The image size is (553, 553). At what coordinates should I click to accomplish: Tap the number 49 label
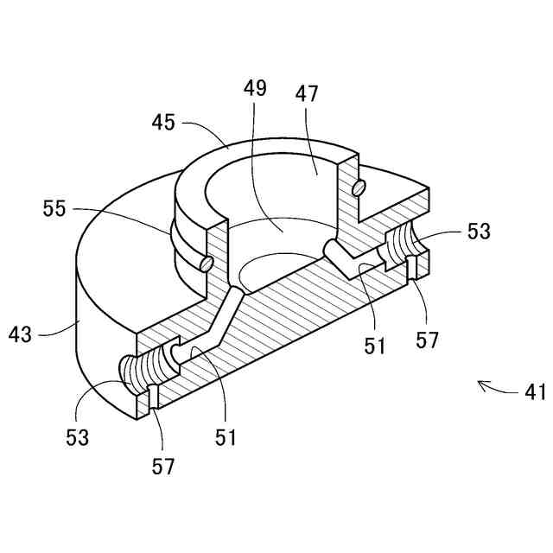click(x=255, y=89)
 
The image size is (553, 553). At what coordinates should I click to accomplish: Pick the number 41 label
click(x=536, y=391)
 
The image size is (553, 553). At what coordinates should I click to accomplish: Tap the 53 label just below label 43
click(x=77, y=437)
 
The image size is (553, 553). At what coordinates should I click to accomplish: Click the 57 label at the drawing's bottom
click(x=162, y=467)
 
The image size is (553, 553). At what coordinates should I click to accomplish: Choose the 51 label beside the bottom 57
click(x=226, y=438)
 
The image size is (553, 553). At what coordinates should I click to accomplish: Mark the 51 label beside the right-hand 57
click(x=374, y=346)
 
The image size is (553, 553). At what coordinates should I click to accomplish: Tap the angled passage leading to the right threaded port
click(x=346, y=257)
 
